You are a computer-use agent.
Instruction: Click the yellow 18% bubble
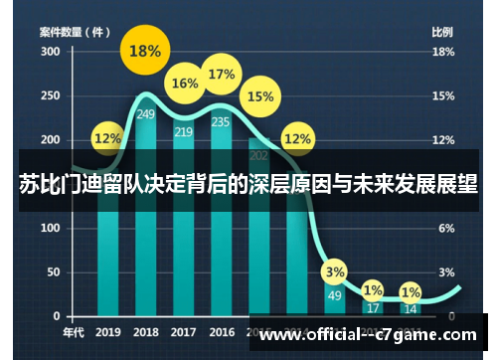coord(145,51)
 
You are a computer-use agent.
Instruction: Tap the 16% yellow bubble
coord(185,85)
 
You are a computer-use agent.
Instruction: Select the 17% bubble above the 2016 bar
coord(222,75)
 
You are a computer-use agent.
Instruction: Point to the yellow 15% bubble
coord(260,96)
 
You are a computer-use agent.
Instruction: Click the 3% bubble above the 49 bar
coord(336,271)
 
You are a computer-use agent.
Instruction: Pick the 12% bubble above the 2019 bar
coord(108,139)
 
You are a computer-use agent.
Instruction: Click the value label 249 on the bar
coord(146,114)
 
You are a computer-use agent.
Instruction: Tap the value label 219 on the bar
coord(184,131)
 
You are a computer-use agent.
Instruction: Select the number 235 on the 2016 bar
coord(222,122)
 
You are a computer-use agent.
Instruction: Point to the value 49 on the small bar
coord(336,294)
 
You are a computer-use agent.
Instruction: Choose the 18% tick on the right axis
coord(443,51)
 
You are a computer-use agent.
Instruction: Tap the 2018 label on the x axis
coord(146,332)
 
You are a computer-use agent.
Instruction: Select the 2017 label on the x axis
coord(184,332)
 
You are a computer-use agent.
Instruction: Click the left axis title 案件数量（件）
coord(75,32)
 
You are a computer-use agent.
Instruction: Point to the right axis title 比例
coord(442,32)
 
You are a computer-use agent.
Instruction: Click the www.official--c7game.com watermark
coord(368,337)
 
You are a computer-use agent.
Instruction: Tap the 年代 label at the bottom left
coord(74,332)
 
